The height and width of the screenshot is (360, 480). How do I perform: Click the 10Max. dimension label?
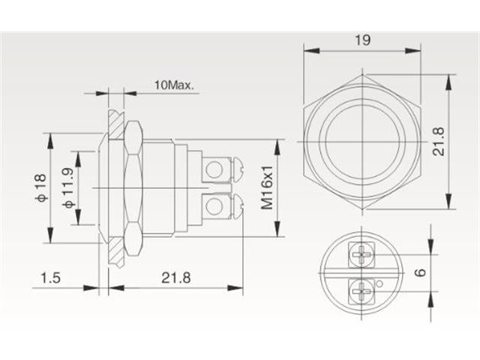(x=174, y=85)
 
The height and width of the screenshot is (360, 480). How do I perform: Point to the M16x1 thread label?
(x=267, y=187)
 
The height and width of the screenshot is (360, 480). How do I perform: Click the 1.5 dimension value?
(x=50, y=278)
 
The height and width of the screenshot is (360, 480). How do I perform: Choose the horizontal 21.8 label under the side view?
(x=176, y=278)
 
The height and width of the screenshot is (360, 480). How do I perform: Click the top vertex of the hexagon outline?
(x=362, y=75)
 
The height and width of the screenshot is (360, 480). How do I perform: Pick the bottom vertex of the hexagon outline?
(x=362, y=209)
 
